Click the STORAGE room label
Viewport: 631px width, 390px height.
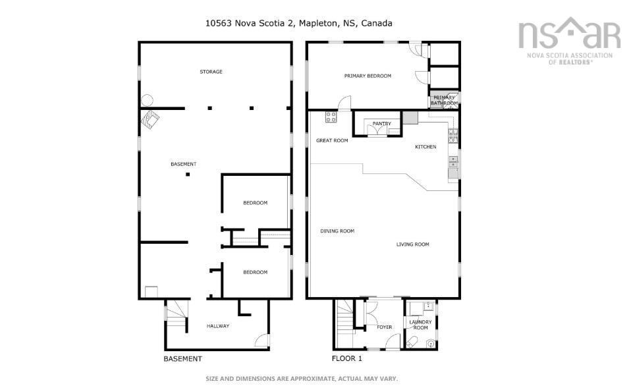point(211,71)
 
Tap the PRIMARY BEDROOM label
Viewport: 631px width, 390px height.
point(368,76)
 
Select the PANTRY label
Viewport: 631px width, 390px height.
point(381,123)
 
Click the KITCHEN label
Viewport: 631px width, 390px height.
point(425,146)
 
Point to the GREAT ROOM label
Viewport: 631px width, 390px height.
point(332,140)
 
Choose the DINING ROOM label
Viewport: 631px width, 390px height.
point(337,231)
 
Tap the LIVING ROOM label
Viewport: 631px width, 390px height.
point(412,244)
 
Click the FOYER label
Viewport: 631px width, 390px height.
point(384,327)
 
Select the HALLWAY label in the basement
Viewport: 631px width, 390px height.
point(217,325)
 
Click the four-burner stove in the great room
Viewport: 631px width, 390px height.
point(331,117)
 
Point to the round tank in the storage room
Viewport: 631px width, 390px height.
point(147,101)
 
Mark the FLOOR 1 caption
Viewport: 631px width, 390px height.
point(346,359)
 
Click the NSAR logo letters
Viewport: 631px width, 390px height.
point(569,34)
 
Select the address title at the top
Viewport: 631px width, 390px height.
point(298,23)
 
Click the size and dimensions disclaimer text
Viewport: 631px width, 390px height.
point(302,379)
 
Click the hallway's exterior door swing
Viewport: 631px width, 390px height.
point(262,341)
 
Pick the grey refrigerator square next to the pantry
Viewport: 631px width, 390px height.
point(410,118)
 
